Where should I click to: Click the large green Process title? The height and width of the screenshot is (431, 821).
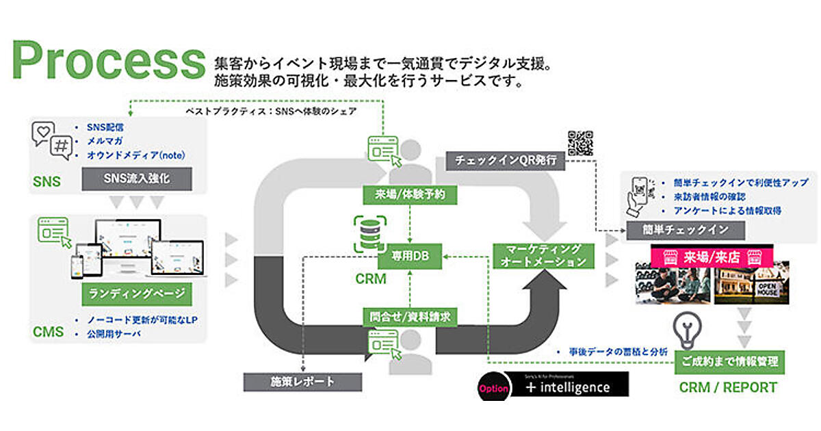pos(108,62)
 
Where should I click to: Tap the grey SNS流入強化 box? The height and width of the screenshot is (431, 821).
pos(135,179)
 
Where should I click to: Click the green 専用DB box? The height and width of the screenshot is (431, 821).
pos(409,254)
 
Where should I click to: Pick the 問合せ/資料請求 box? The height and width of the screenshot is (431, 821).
pos(409,316)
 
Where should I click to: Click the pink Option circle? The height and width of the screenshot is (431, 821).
pos(493,388)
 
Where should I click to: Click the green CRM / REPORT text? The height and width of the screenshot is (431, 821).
pos(728,388)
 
